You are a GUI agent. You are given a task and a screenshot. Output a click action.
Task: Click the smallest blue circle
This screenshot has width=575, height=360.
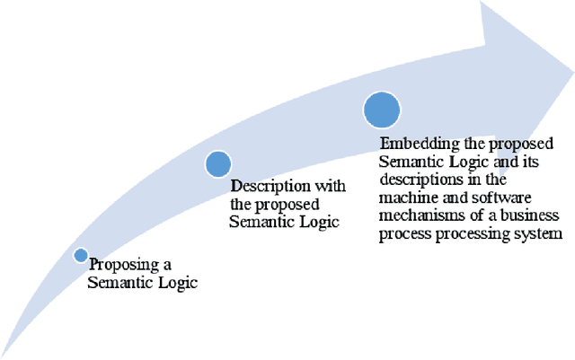pos(81,256)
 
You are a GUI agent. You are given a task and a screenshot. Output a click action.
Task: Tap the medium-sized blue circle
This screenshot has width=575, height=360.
pos(218,164)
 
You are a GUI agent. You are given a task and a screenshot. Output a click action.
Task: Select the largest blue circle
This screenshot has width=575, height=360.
pos(381,110)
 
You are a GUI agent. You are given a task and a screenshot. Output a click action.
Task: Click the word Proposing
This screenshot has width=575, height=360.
pos(119,266)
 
